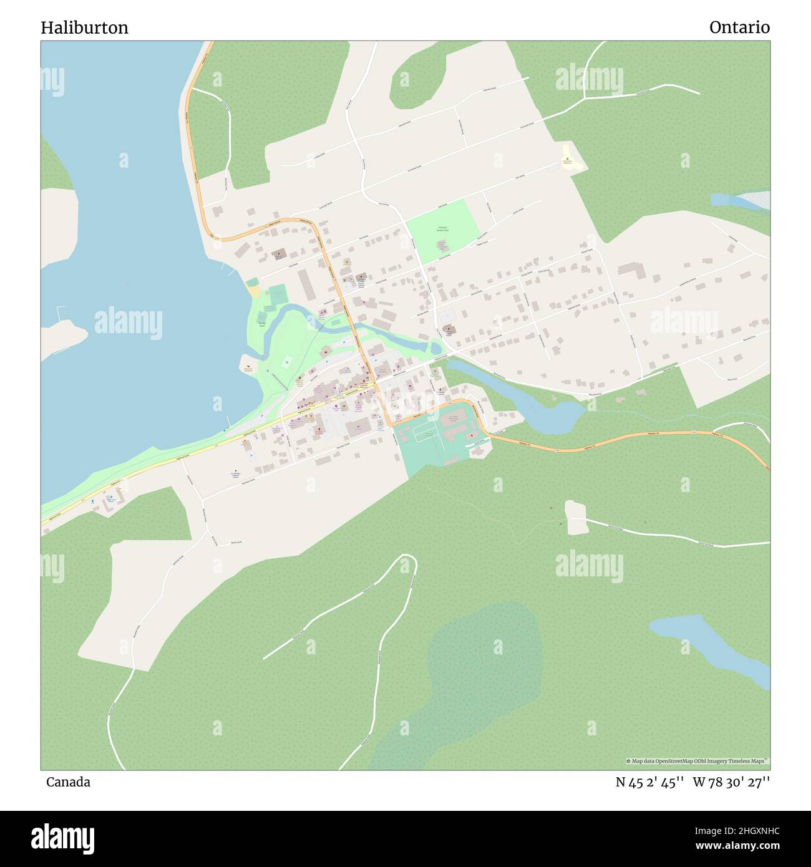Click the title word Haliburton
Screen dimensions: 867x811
click(x=85, y=27)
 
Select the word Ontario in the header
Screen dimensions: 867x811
click(x=739, y=27)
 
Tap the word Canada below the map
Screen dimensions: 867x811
click(x=68, y=782)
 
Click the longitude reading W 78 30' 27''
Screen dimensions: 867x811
click(x=731, y=782)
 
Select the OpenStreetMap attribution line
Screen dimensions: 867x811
click(x=698, y=761)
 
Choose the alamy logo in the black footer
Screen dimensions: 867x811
click(x=63, y=838)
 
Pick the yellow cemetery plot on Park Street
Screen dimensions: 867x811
click(x=569, y=158)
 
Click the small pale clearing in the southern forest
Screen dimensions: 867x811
click(x=576, y=516)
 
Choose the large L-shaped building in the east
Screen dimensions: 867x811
click(x=631, y=271)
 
